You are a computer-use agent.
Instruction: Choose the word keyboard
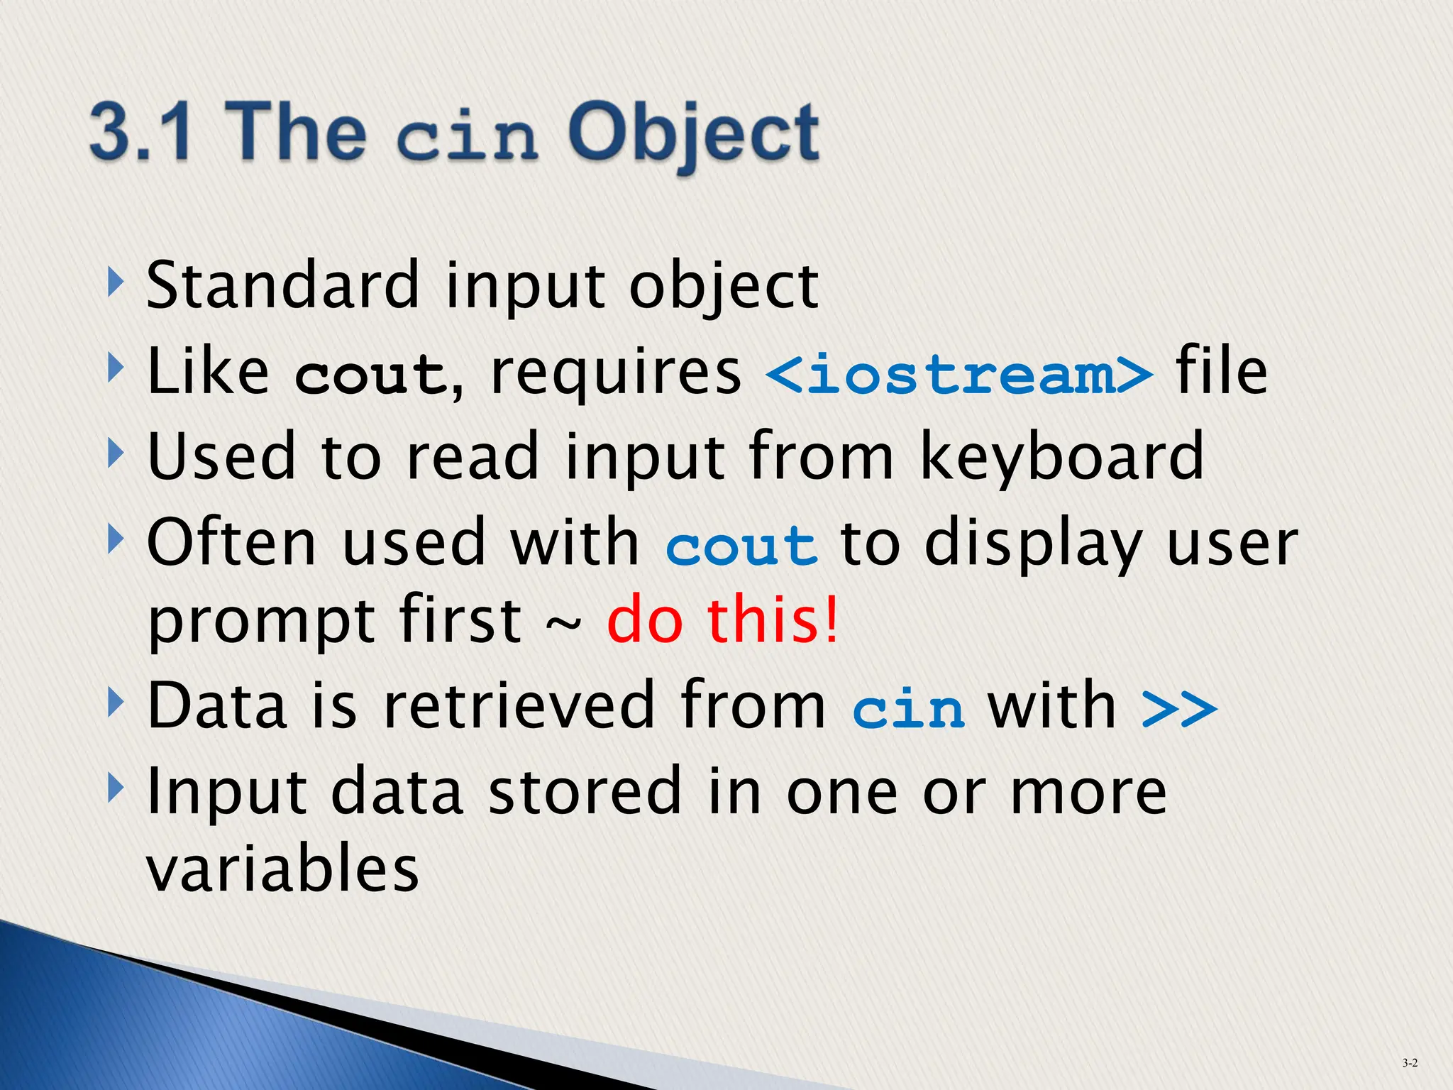click(x=1061, y=456)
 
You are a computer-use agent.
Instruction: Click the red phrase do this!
click(x=723, y=620)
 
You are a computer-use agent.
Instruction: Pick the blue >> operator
click(x=1179, y=708)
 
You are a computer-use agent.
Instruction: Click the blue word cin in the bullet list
click(x=908, y=708)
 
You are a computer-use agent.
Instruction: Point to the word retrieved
click(x=518, y=705)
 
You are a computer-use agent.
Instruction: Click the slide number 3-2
click(x=1410, y=1062)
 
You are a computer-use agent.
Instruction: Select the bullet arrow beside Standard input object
click(x=116, y=282)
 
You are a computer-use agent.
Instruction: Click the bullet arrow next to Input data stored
click(x=116, y=788)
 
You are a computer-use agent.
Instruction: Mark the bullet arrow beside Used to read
click(x=116, y=453)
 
